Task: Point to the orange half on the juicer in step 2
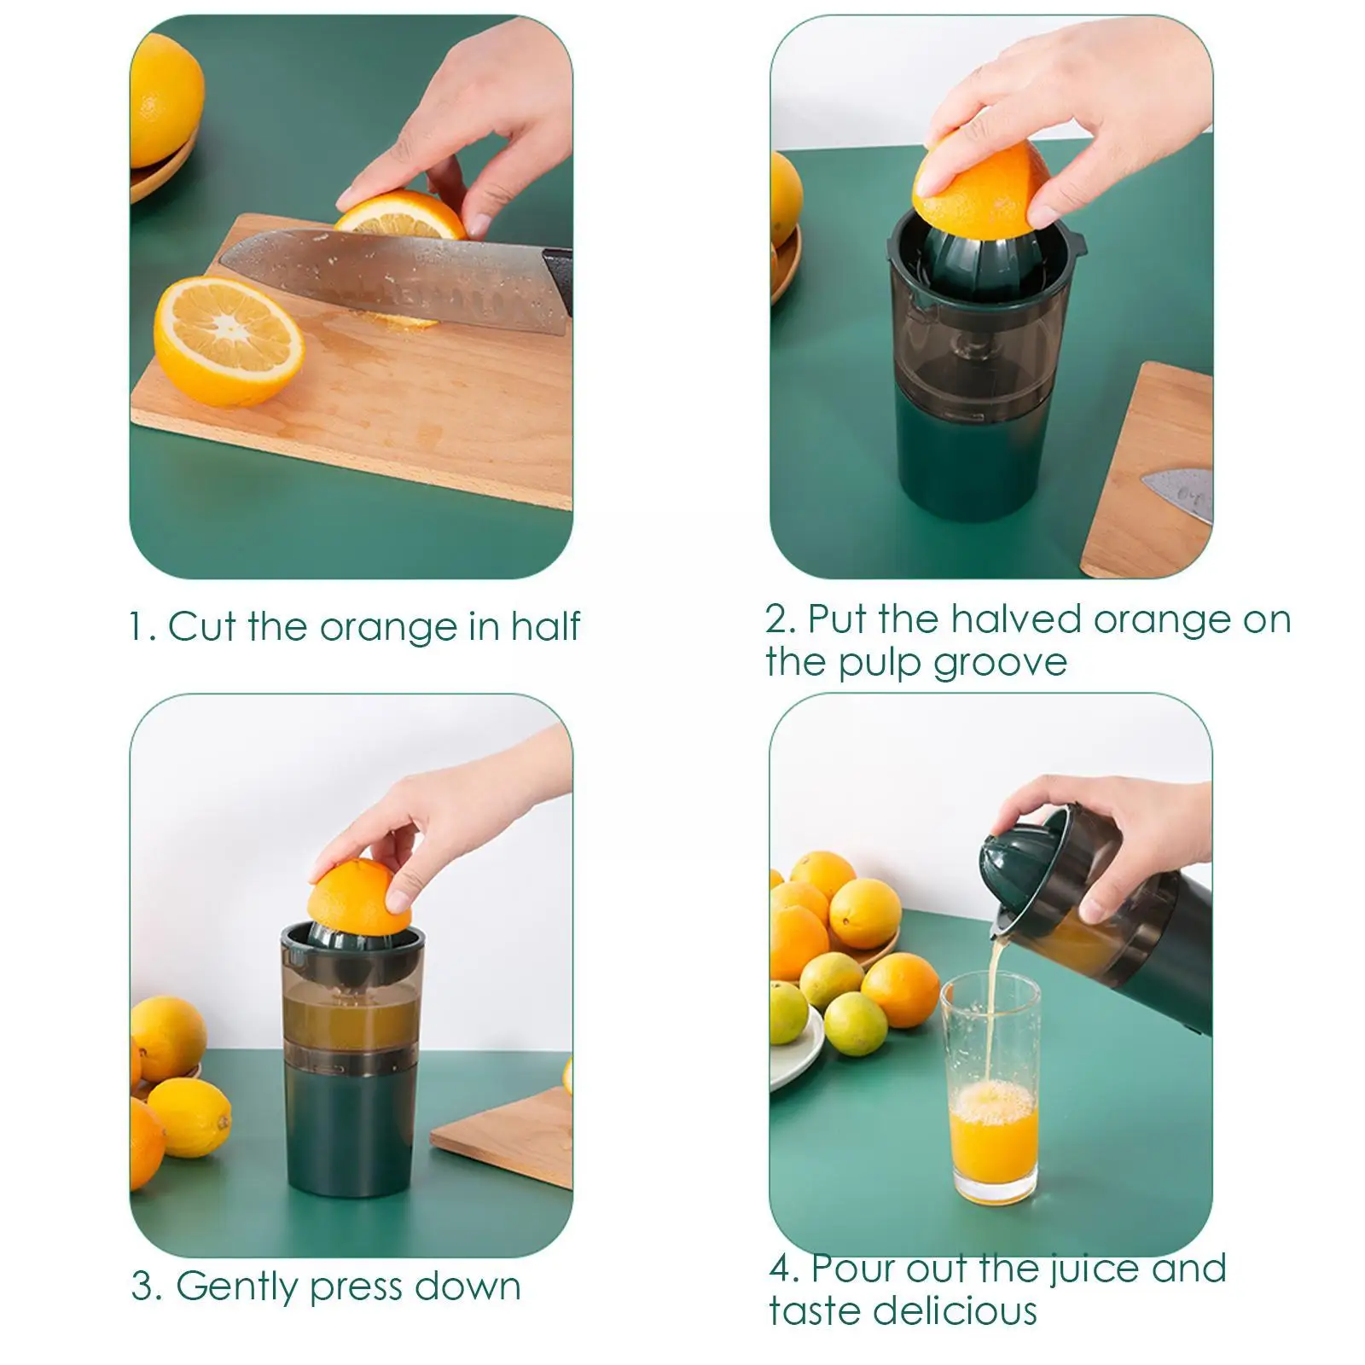point(981,189)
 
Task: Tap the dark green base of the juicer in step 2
point(979,464)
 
